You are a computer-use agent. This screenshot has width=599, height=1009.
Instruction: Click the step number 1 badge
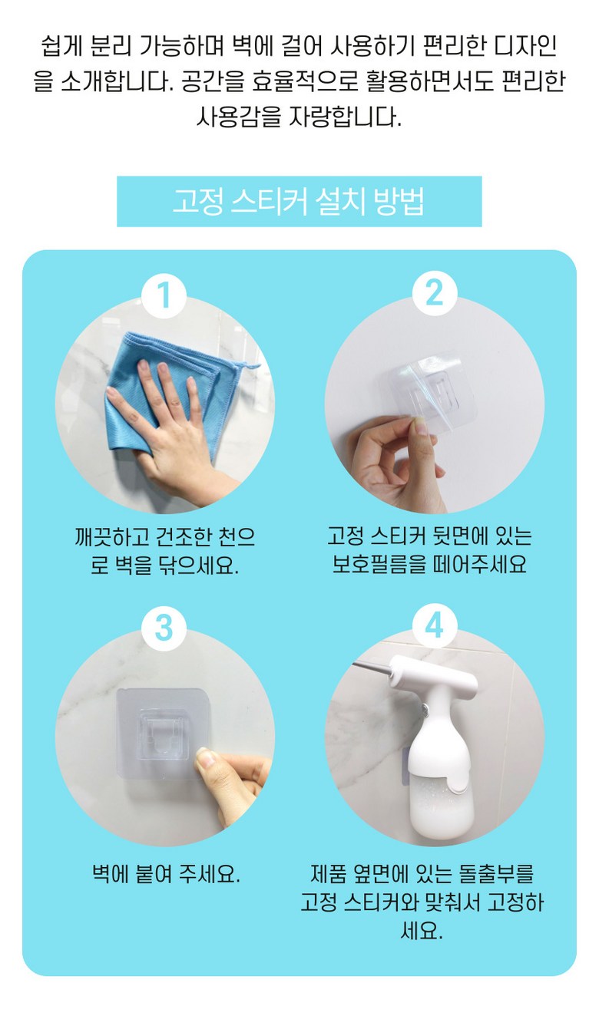point(164,296)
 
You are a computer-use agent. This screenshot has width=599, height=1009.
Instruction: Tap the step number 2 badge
point(435,294)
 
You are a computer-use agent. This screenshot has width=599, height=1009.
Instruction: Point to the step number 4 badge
point(435,626)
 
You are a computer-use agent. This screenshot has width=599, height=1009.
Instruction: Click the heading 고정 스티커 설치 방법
point(299,201)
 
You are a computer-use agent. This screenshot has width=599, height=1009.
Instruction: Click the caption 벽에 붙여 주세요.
point(166,874)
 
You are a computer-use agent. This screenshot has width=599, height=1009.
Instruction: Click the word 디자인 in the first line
point(525,46)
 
